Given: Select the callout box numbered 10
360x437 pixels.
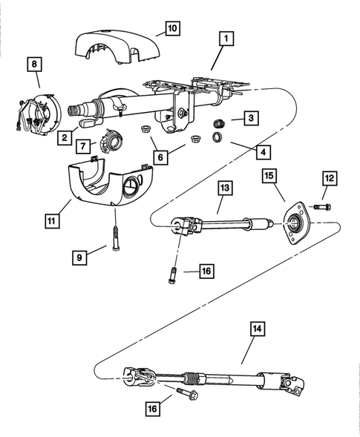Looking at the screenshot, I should tap(171, 28).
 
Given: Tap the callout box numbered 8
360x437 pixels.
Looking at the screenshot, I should tap(34, 65).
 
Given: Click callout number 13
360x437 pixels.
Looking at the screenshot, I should tap(223, 188).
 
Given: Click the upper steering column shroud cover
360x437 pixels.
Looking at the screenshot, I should tap(115, 46).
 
